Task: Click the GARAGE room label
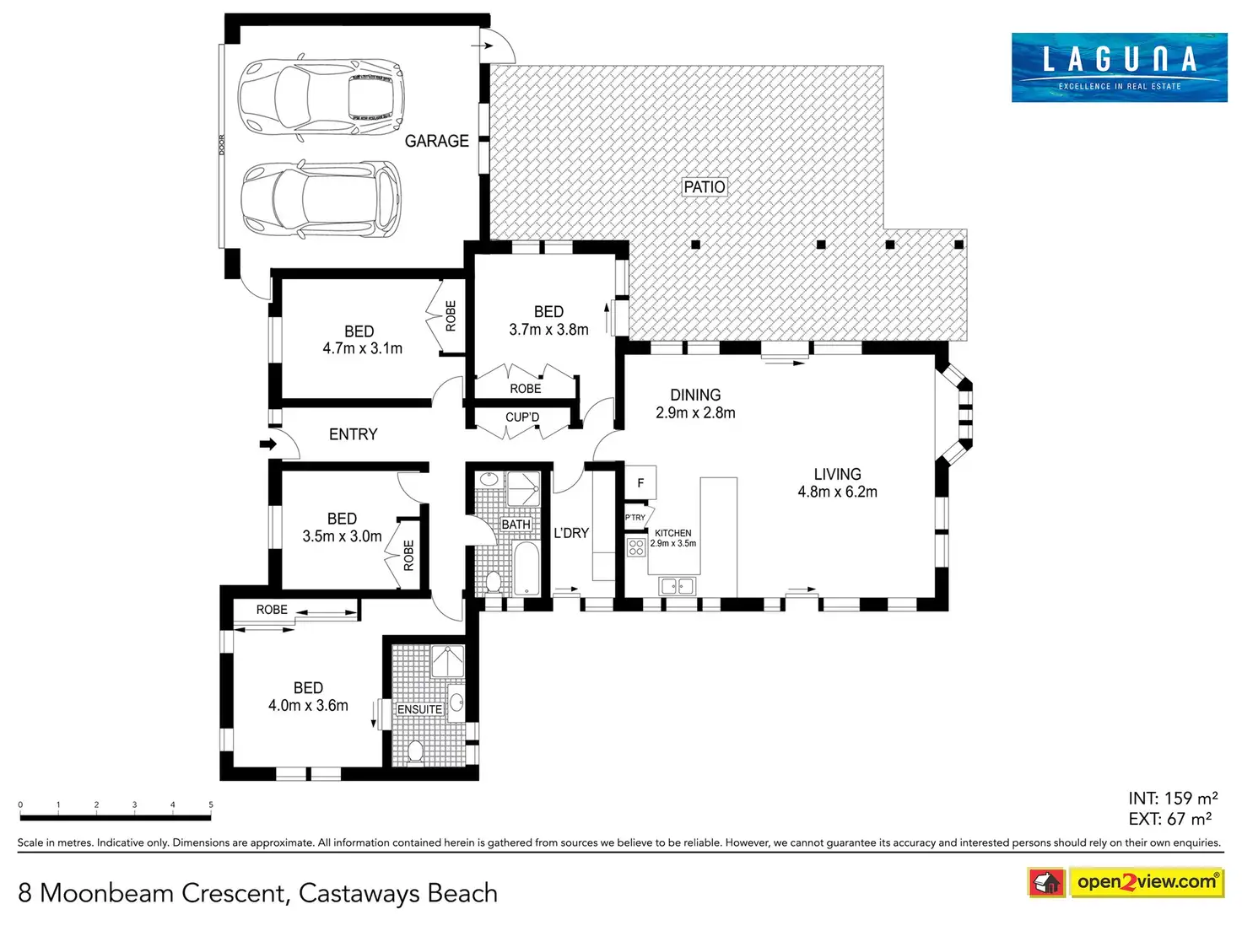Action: (x=436, y=141)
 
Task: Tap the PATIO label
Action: (x=704, y=186)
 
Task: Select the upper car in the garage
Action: (x=320, y=96)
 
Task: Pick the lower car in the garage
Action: (x=321, y=200)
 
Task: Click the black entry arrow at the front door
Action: (x=267, y=444)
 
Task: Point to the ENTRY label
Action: (x=353, y=434)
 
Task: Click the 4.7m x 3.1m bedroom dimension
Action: (x=362, y=348)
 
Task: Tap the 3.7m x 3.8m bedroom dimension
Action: (x=548, y=330)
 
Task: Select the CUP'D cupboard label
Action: (x=522, y=417)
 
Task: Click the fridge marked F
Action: (x=640, y=483)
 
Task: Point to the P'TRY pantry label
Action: (x=635, y=518)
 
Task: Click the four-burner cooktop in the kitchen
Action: (x=636, y=547)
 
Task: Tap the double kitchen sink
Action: (x=678, y=586)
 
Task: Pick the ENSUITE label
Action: (x=419, y=709)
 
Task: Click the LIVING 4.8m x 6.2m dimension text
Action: (x=837, y=492)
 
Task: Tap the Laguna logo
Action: (x=1119, y=67)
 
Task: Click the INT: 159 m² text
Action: (x=1173, y=798)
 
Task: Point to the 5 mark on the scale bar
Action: (x=211, y=805)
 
